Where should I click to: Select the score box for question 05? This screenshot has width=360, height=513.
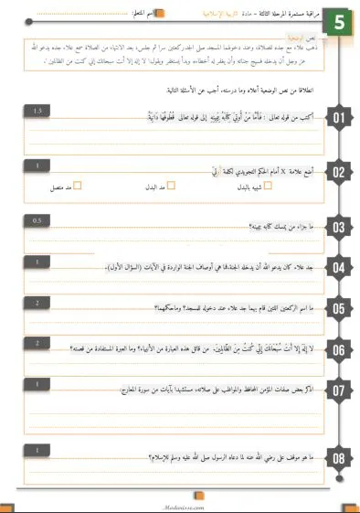click(x=37, y=302)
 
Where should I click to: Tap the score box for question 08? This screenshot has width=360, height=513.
click(x=37, y=449)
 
